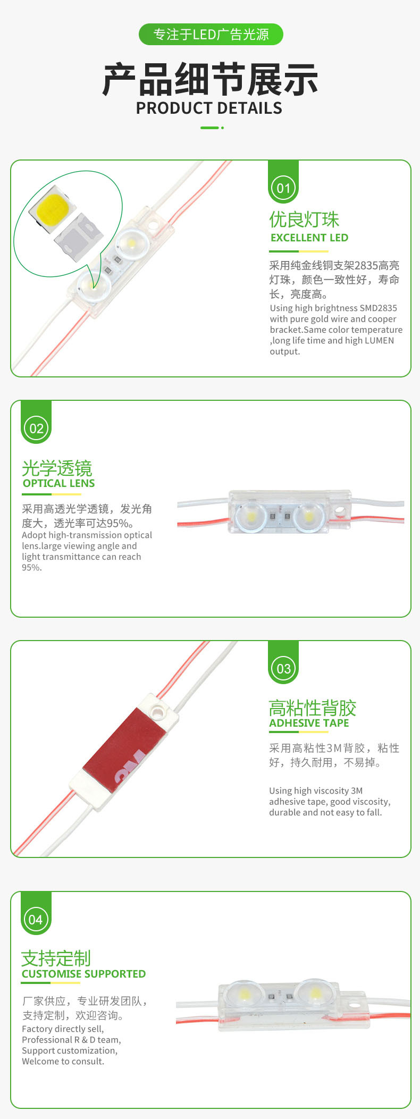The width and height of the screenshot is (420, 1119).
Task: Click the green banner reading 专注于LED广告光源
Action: [x=211, y=35]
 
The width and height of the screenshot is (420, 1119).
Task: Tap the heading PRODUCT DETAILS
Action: [x=209, y=108]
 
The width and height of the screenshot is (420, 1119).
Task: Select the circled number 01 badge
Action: [x=283, y=188]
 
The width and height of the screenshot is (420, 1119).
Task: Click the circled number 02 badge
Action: [x=36, y=428]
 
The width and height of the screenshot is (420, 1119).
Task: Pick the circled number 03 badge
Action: [x=283, y=668]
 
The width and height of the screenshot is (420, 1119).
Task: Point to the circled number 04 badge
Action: [x=36, y=919]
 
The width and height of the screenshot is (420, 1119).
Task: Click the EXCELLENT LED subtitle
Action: [x=309, y=238]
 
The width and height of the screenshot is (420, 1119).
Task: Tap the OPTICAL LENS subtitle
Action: [x=58, y=483]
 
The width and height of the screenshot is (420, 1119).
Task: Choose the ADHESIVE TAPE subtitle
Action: [x=309, y=723]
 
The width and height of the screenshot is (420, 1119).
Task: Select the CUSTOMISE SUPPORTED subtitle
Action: [x=83, y=974]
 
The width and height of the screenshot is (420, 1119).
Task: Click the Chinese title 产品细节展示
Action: [x=210, y=80]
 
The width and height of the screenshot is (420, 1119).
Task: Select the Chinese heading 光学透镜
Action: [x=57, y=468]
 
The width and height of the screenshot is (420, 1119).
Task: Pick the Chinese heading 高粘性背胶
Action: [x=312, y=708]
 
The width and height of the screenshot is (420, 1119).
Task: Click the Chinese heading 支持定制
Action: [x=56, y=958]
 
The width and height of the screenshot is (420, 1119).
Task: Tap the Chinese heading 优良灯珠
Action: [x=304, y=219]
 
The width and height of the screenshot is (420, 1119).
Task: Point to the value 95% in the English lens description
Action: [x=31, y=568]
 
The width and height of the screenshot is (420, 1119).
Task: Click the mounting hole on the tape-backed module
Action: [x=157, y=710]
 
